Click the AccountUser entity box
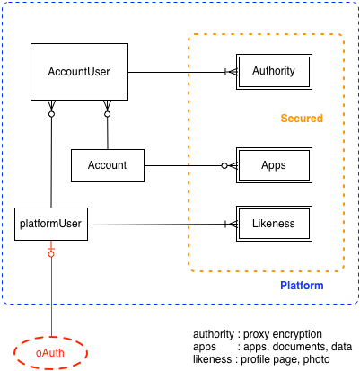point(79,72)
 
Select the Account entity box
point(108,165)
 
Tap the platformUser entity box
point(51,224)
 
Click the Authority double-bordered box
point(274,72)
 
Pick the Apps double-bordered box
point(274,165)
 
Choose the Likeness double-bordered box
point(274,224)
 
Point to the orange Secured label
point(302,119)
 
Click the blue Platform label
point(302,286)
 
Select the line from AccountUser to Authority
point(182,72)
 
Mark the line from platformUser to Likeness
point(162,225)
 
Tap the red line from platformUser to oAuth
point(51,288)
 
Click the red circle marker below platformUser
point(51,254)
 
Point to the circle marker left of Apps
point(224,165)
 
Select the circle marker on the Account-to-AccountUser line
point(107,114)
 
